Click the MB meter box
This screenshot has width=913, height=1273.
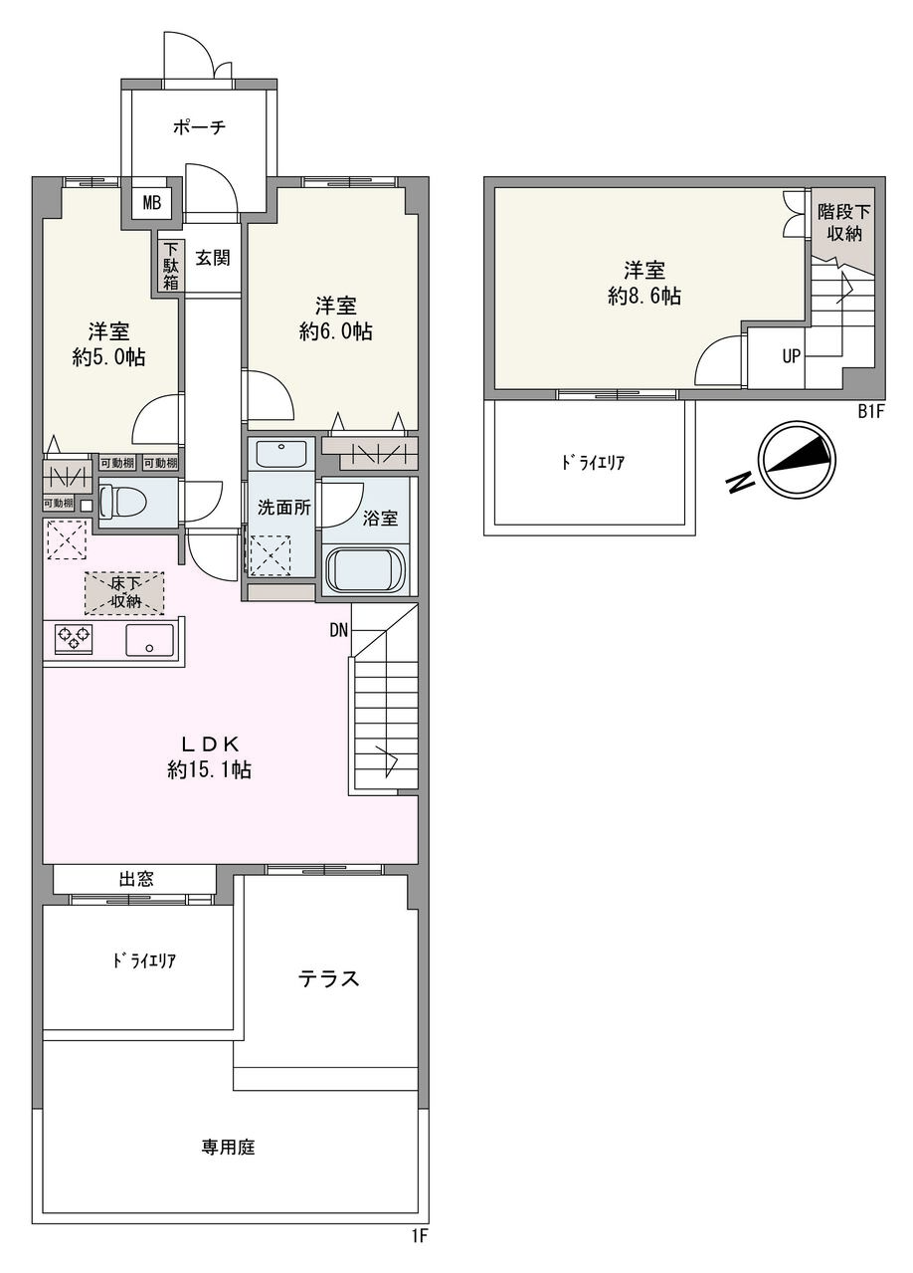coord(151,203)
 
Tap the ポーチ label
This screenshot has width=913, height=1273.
coord(199,127)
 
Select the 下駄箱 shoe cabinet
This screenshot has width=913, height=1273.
coord(171,265)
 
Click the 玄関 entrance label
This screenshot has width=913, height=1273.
coord(212,258)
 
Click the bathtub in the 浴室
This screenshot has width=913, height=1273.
coord(366,570)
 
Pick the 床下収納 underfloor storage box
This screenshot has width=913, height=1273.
coord(124,592)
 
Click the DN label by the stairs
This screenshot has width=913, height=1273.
coord(339,629)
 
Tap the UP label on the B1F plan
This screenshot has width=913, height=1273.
coord(791,355)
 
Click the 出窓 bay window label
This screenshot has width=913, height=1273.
coord(136,879)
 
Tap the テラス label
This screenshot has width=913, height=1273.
coord(328,978)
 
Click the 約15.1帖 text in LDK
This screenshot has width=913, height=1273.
coord(209,769)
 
